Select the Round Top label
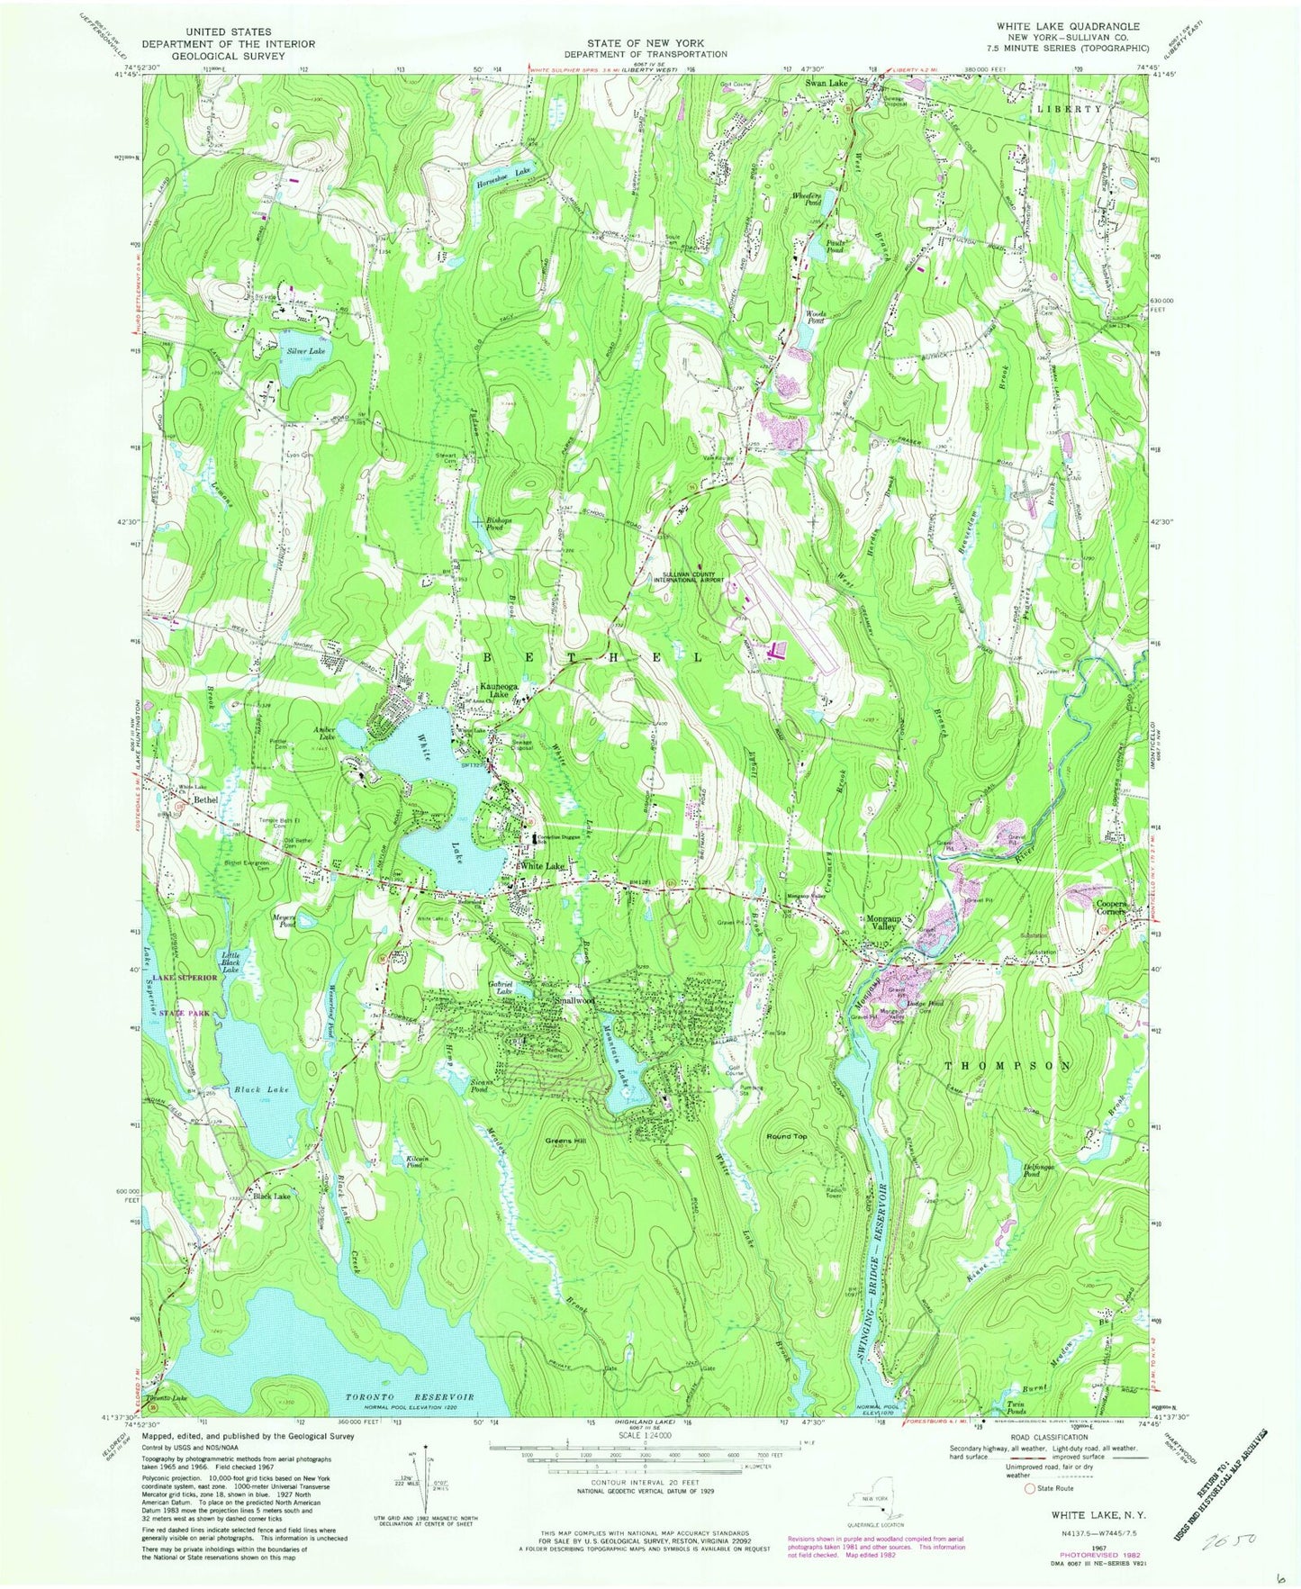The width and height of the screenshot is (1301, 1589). point(786,1136)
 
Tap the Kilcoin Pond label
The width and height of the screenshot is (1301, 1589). point(402,1161)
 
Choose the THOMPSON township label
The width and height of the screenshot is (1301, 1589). point(1007,1065)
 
